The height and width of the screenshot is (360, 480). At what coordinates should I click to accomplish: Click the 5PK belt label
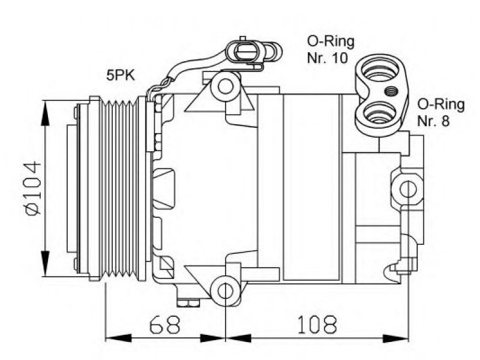click(x=121, y=75)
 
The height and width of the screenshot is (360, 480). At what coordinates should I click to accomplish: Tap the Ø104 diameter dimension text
click(x=33, y=188)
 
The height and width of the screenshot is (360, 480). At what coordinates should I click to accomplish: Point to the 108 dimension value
click(x=317, y=324)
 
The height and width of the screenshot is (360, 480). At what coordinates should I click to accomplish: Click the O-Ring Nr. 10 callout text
click(x=331, y=50)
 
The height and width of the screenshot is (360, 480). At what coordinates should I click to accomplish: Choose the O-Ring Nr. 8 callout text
click(x=441, y=112)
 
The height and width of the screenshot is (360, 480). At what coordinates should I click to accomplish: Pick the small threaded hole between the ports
click(x=391, y=91)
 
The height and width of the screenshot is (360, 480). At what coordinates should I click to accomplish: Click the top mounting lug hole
click(x=226, y=86)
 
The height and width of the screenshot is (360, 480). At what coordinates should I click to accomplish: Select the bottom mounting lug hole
click(x=226, y=290)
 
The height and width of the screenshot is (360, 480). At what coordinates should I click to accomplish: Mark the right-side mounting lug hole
click(x=408, y=190)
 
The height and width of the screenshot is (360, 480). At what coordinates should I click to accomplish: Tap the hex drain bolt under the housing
click(x=188, y=303)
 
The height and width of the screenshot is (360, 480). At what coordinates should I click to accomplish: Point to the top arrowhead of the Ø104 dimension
click(x=45, y=113)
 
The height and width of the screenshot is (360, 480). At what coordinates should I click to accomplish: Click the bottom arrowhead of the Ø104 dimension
click(x=45, y=263)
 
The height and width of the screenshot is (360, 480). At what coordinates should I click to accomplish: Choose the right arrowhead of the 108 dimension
click(x=395, y=338)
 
